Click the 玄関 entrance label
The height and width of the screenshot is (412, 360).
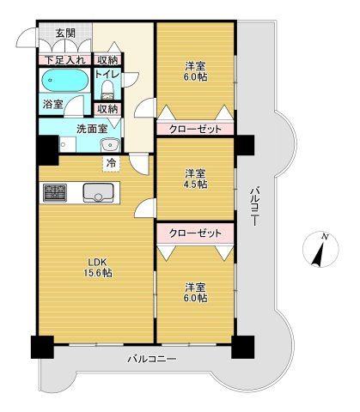click(x=64, y=34)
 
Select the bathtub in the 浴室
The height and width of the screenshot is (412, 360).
click(x=64, y=83)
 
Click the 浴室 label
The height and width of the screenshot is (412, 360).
click(x=52, y=104)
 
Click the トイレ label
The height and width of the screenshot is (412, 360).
click(x=107, y=76)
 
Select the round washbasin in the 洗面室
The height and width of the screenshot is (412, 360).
click(x=112, y=145)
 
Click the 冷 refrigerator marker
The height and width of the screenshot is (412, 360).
click(x=111, y=161)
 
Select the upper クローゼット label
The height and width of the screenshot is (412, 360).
click(x=194, y=129)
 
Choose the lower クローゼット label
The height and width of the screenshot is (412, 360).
click(x=194, y=233)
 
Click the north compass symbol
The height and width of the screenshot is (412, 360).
click(x=320, y=250)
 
